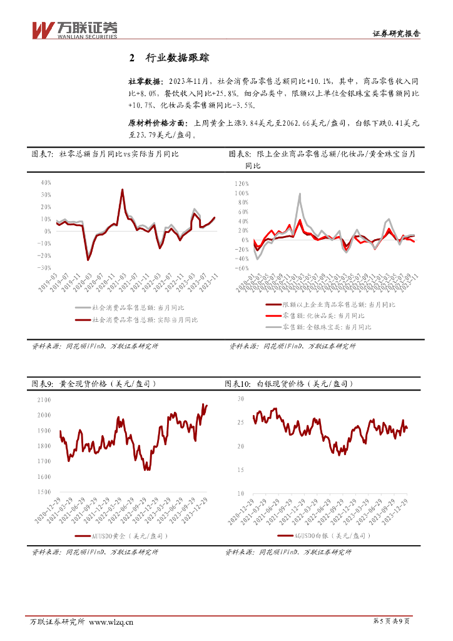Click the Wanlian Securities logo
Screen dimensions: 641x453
pos(74,29)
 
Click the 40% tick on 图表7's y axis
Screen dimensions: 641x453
pos(45,183)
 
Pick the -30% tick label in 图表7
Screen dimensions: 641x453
pos(44,267)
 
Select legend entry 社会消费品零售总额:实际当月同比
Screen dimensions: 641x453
pos(145,320)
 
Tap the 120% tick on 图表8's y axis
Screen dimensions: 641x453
pos(242,184)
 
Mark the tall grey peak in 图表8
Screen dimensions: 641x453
pos(300,194)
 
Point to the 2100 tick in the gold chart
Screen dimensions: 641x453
pos(44,399)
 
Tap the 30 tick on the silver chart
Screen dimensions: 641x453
pos(241,399)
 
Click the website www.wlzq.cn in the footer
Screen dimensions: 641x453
pos(111,622)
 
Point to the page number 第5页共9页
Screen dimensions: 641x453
pos(391,621)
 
